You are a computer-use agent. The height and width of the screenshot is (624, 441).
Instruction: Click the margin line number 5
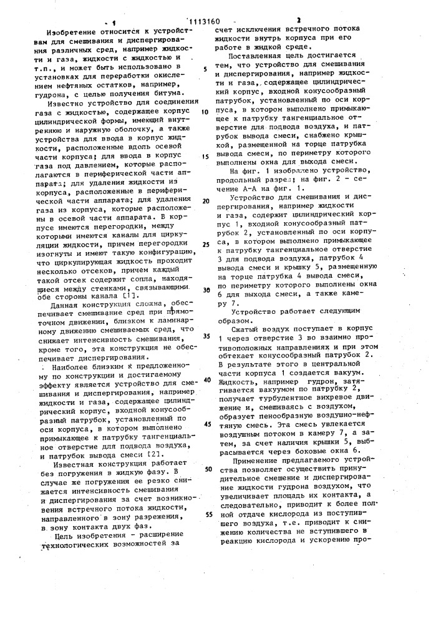pyautogui.click(x=205, y=69)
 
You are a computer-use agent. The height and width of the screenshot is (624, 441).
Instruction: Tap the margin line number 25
pyautogui.click(x=205, y=245)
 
